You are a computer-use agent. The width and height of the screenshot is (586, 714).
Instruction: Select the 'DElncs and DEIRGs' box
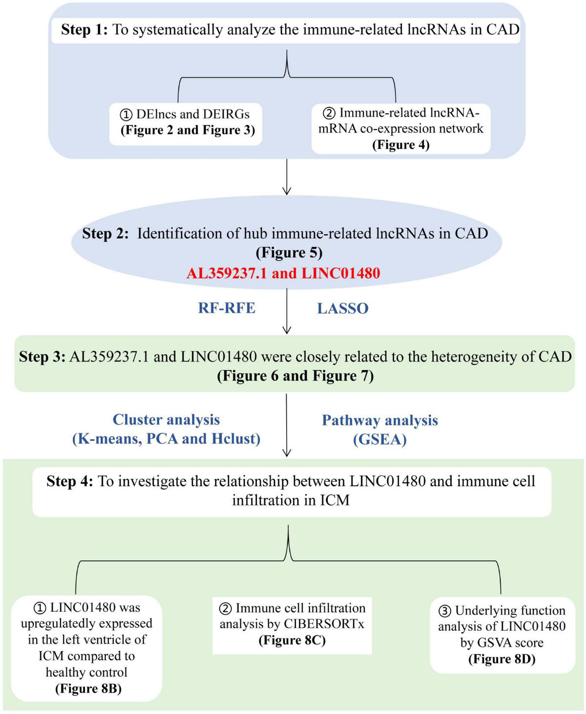point(186,122)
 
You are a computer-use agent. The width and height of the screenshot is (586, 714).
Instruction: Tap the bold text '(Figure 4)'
point(400,145)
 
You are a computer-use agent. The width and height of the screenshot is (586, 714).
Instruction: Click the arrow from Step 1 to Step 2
point(287,177)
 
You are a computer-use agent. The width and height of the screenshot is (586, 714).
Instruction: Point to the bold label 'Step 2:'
point(105,234)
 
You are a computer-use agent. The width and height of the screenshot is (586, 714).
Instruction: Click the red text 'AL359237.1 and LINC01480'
point(283,273)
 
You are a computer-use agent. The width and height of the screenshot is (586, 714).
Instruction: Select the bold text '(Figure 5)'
point(289,253)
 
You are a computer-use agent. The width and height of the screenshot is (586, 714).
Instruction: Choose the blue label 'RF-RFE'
point(227,308)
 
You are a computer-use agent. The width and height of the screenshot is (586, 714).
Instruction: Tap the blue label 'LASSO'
point(343,309)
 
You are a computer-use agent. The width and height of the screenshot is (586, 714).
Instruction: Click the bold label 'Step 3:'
point(42,357)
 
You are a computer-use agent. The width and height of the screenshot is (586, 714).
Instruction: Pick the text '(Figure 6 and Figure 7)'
point(295,376)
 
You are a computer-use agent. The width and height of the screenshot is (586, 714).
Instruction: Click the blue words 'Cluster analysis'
point(166,420)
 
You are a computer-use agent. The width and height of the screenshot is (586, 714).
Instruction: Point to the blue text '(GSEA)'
point(379,439)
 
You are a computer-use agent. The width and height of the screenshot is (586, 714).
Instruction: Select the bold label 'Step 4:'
point(69,481)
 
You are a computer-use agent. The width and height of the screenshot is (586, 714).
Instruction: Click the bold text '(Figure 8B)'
point(88,689)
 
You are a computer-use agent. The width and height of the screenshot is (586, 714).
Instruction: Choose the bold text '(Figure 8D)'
point(502,659)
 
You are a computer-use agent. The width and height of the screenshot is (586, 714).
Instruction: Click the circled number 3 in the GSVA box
point(444,611)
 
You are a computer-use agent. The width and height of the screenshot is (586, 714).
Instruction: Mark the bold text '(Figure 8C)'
point(292,640)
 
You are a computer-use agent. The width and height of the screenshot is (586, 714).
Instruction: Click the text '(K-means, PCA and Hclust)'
point(166,439)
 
